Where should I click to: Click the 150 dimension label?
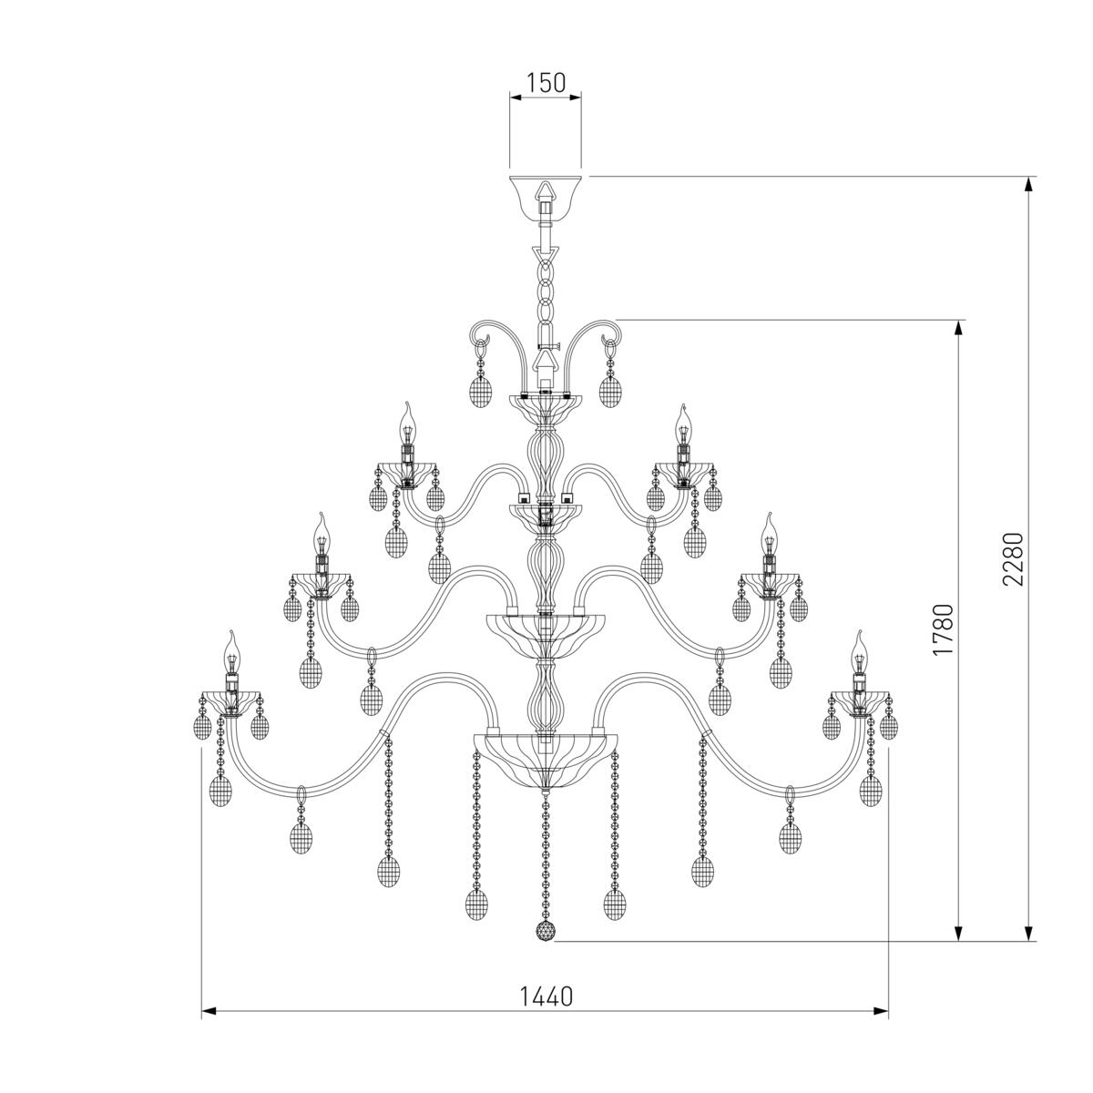tap(546, 83)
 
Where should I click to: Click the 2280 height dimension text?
tap(1013, 558)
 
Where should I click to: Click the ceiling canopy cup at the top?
tap(545, 198)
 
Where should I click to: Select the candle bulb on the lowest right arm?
tap(859, 652)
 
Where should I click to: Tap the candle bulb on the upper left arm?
tap(406, 424)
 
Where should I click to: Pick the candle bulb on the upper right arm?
tap(683, 424)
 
